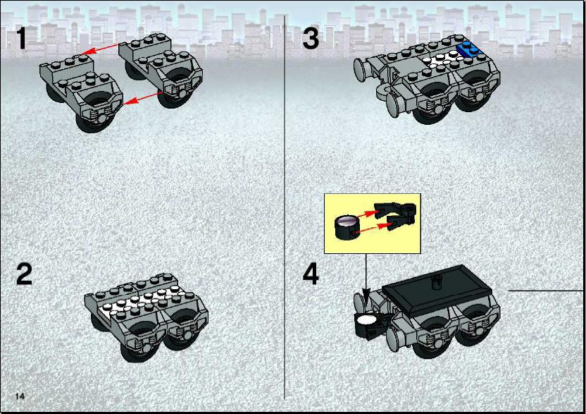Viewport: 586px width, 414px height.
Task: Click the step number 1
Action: [22, 38]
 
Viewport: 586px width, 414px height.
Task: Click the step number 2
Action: [24, 274]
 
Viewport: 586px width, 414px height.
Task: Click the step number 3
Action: [311, 38]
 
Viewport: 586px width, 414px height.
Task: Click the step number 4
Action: [311, 274]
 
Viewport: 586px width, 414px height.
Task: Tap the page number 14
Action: [20, 396]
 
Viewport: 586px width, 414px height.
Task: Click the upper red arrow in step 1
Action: [100, 49]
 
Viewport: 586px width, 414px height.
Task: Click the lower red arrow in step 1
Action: [143, 97]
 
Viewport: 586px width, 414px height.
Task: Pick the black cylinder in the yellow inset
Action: [347, 227]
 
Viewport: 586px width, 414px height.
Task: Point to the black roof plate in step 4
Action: [437, 290]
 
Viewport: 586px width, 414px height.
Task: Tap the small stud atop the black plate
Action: [436, 281]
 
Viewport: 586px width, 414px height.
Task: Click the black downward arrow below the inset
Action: [366, 278]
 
